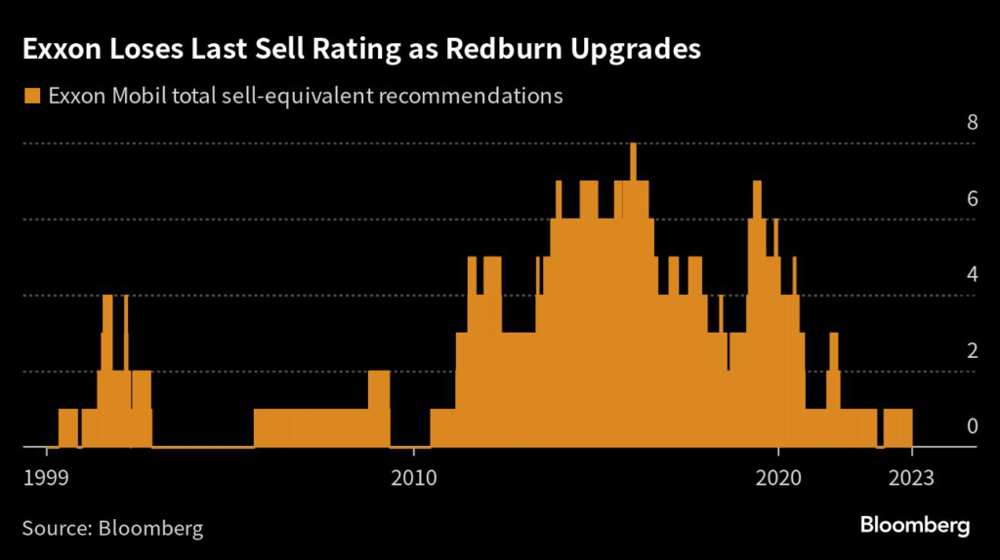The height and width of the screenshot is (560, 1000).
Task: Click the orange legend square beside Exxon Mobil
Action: [32, 96]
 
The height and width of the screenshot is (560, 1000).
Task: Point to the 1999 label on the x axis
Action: [46, 477]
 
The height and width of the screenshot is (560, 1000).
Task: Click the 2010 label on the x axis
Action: [413, 477]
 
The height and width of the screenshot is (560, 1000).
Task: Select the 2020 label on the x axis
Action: [778, 477]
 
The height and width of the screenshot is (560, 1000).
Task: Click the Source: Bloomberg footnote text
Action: [112, 529]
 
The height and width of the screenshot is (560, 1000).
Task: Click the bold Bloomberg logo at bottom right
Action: [915, 526]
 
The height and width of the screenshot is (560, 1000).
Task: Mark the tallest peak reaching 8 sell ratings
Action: [634, 156]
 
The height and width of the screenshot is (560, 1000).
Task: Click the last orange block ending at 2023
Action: [897, 427]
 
